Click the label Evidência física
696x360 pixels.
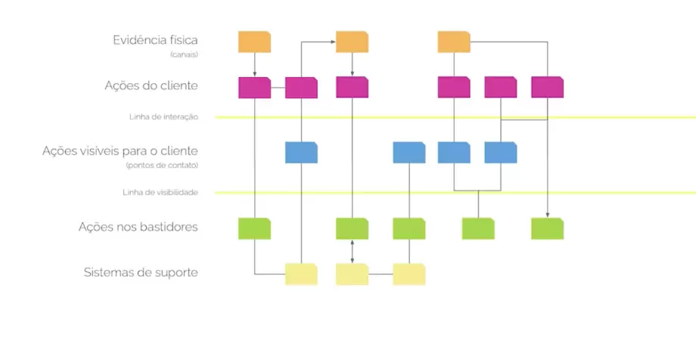(x=155, y=40)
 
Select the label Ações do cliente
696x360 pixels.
(x=151, y=85)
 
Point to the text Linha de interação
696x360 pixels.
(x=163, y=117)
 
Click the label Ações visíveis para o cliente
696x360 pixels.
(x=120, y=151)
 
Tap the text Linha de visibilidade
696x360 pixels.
(x=160, y=193)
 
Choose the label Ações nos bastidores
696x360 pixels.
(x=138, y=226)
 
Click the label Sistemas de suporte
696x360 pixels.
(x=141, y=272)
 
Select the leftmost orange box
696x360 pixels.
(x=254, y=42)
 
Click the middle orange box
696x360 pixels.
(x=352, y=42)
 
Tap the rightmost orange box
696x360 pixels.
(x=454, y=42)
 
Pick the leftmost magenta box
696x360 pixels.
(x=254, y=88)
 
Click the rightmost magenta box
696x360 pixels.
(x=547, y=88)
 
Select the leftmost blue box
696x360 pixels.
(x=301, y=152)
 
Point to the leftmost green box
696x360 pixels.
(x=254, y=228)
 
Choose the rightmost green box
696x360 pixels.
(x=547, y=228)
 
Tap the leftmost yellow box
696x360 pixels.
(x=301, y=274)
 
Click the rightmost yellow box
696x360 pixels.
(x=409, y=274)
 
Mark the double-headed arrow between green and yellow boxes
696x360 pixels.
(x=353, y=251)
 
